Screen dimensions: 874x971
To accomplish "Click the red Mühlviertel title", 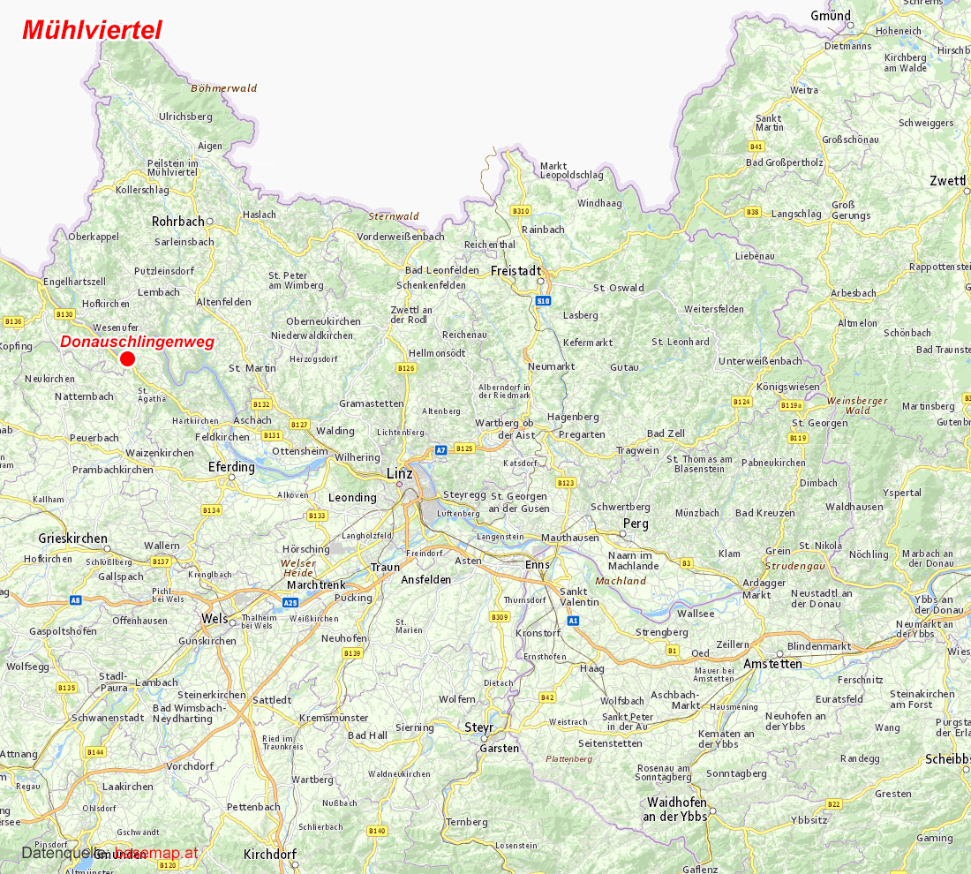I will [x=92, y=30].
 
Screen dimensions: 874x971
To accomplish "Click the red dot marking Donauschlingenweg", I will [x=127, y=358].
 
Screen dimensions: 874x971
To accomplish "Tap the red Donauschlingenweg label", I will [x=137, y=342].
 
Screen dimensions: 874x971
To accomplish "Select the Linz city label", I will [x=400, y=474].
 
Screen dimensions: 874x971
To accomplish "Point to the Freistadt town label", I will [x=516, y=271].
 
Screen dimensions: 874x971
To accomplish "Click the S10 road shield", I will [x=542, y=302].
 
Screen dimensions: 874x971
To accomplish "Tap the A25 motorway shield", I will [x=290, y=602].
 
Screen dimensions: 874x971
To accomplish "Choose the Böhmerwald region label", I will [x=224, y=88].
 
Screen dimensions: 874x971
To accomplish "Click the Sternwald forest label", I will [x=394, y=216].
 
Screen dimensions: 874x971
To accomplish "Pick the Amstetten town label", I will [x=772, y=664].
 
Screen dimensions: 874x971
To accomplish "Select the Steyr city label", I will [x=479, y=727].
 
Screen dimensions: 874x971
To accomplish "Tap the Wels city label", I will [x=214, y=619].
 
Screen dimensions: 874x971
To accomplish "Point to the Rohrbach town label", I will [x=177, y=222].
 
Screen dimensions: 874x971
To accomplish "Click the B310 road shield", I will [x=520, y=211].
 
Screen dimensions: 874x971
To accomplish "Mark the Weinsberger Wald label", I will [x=857, y=405].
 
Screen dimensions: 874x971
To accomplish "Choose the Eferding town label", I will [x=231, y=466].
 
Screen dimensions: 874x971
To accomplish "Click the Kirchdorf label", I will [x=269, y=855].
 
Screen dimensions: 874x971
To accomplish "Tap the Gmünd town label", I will [x=831, y=16].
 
